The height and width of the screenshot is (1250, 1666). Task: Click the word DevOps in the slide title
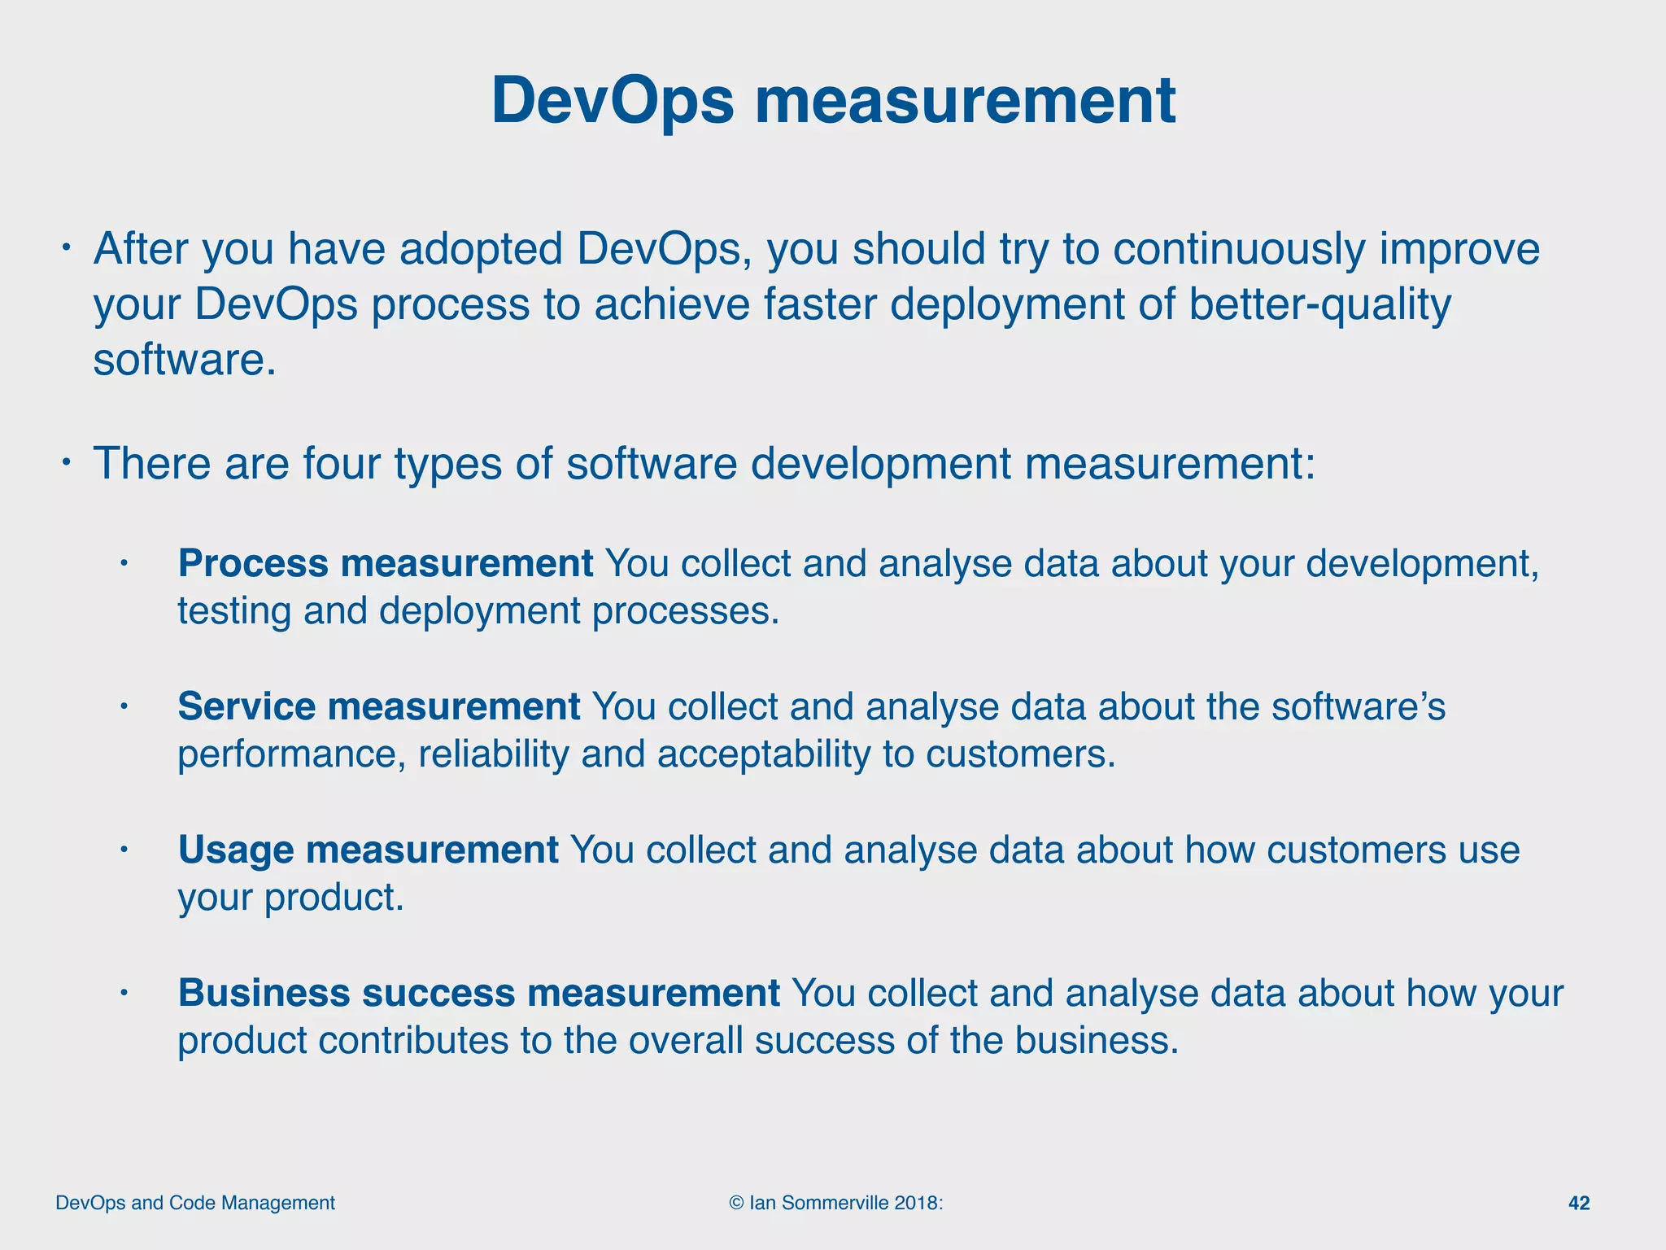pos(612,101)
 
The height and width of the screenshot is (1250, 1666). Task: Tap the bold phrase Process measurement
pos(386,563)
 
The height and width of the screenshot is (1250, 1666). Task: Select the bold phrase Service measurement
pos(379,706)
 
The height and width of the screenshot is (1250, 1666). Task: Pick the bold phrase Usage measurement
pos(368,850)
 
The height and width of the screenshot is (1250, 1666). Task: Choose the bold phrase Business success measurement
pos(478,993)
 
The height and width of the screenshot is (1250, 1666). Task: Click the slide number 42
pos(1578,1203)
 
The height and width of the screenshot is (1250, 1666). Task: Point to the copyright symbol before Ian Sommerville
pos(736,1203)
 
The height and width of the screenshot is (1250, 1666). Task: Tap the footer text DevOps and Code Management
pos(195,1203)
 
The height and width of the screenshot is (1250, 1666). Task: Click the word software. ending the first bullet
pos(185,360)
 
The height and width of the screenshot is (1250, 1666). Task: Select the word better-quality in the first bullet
pos(1319,304)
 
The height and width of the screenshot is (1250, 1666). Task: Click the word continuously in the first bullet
pos(1238,249)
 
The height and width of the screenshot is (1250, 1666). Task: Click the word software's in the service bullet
pos(1359,706)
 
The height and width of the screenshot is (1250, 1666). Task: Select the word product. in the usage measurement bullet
pos(334,897)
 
